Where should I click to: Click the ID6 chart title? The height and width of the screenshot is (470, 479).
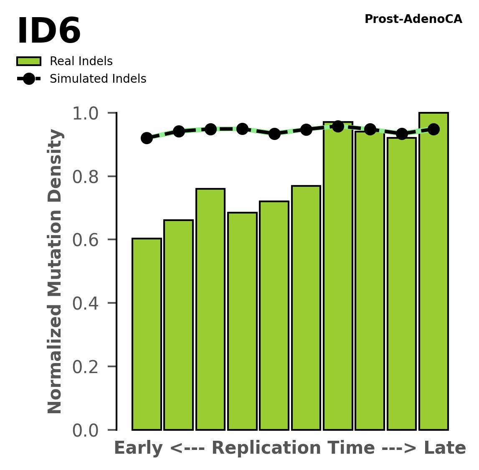49,32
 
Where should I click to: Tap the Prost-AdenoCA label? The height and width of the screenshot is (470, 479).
413,19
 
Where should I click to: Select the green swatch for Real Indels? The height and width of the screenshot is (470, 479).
29,61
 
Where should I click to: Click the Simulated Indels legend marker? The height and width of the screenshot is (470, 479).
29,79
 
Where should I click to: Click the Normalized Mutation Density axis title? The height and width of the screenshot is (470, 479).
56,272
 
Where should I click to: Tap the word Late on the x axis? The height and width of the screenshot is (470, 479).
445,448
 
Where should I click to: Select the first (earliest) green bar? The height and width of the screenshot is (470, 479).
147,334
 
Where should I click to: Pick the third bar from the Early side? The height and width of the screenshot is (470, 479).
210,309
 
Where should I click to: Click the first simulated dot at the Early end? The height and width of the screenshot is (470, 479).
147,138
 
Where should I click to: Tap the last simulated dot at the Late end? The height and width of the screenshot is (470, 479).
433,129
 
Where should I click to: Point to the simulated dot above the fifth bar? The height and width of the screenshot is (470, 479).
274,134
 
